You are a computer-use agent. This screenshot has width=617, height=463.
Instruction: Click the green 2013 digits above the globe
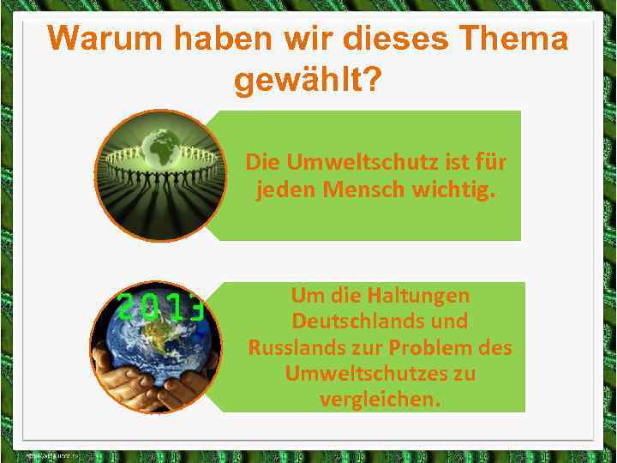coord(161,306)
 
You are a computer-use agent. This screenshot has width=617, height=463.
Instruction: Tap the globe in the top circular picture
coord(161,146)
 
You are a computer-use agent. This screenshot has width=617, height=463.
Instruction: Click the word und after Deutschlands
coord(452,322)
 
